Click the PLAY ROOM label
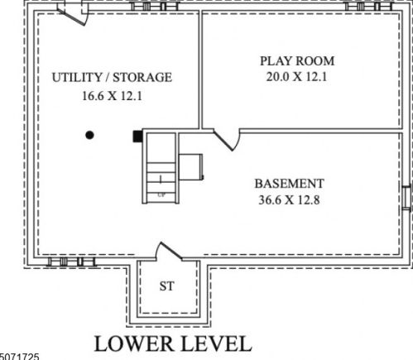pyautogui.click(x=297, y=61)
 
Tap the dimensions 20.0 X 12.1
pyautogui.click(x=296, y=76)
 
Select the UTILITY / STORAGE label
pyautogui.click(x=112, y=77)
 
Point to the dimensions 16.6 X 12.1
pyautogui.click(x=112, y=96)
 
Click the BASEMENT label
pyautogui.click(x=289, y=184)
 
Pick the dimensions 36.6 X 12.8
pyautogui.click(x=289, y=199)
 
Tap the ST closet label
pyautogui.click(x=167, y=286)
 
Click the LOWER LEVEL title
pyautogui.click(x=173, y=343)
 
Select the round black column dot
pyautogui.click(x=89, y=135)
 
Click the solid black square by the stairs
pyautogui.click(x=137, y=137)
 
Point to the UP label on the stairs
pyautogui.click(x=161, y=195)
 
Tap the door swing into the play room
pyautogui.click(x=227, y=140)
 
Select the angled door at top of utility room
pyautogui.click(x=73, y=14)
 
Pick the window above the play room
pyautogui.click(x=369, y=6)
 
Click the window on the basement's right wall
pyautogui.click(x=406, y=199)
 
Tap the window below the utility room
pyautogui.click(x=71, y=262)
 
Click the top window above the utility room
pyautogui.click(x=155, y=6)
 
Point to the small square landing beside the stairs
pyautogui.click(x=190, y=167)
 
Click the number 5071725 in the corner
pyautogui.click(x=19, y=357)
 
